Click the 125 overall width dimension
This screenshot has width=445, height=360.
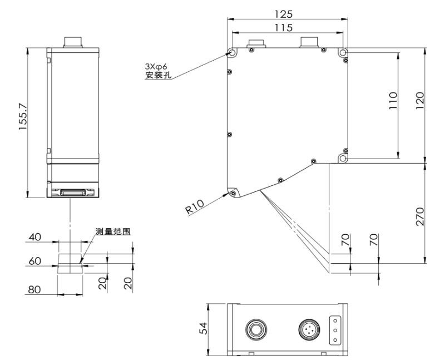(287, 13)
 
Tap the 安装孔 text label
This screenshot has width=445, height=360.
(157, 75)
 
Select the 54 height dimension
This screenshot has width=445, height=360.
(203, 329)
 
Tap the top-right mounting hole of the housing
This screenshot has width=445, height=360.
(343, 52)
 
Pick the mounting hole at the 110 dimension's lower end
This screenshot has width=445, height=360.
(343, 159)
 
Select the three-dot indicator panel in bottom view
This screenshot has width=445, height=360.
(335, 329)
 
